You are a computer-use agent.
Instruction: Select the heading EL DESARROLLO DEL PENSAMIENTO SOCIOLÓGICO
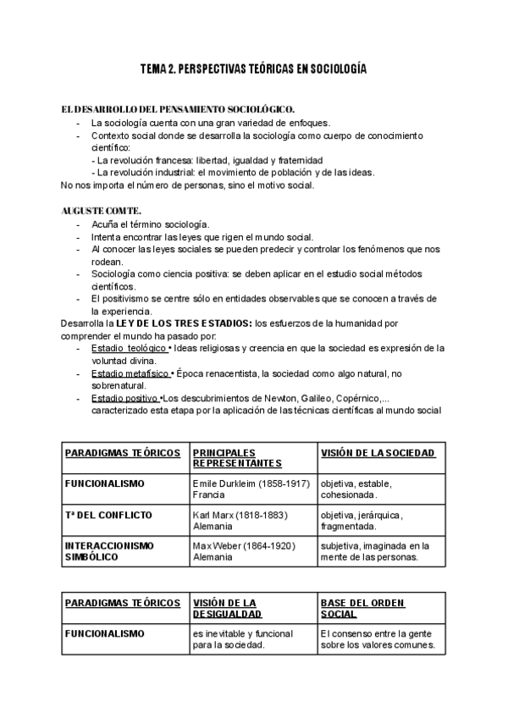pos(179,109)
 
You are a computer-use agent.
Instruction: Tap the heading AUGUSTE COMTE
pos(102,209)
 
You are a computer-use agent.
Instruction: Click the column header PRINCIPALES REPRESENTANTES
pos(236,458)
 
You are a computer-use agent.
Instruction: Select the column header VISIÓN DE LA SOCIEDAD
pos(378,453)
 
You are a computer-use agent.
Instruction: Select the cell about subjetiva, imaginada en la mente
pos(375,551)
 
